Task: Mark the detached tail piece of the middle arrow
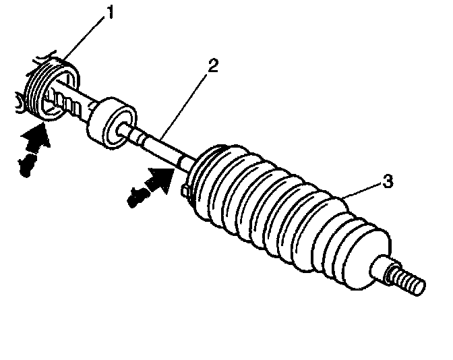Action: pyautogui.click(x=136, y=196)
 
